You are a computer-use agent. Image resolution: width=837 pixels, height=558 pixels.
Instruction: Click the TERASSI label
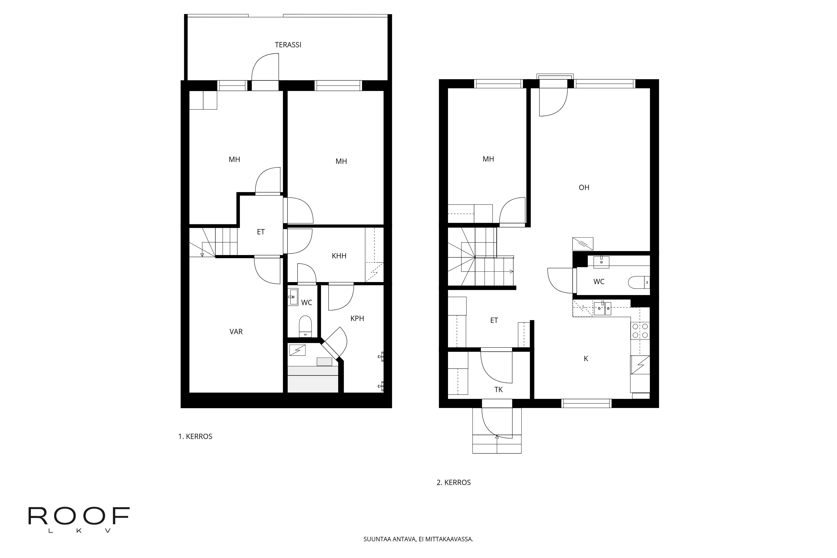[288, 45]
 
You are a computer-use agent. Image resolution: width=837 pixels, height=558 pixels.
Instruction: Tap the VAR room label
[236, 332]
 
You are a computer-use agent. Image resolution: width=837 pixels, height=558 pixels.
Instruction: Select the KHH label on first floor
[339, 256]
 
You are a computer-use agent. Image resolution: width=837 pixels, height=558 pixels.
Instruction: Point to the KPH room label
[357, 318]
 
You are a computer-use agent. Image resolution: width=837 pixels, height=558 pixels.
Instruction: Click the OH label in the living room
[584, 187]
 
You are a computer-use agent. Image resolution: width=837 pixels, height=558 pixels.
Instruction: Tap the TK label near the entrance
[498, 390]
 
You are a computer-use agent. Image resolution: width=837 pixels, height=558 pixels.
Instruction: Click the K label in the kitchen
[586, 359]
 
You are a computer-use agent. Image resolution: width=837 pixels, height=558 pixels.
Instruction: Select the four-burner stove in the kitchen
[640, 331]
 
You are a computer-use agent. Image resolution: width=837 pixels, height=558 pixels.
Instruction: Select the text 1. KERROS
[195, 437]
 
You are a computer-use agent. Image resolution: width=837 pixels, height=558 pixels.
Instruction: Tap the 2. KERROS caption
[453, 482]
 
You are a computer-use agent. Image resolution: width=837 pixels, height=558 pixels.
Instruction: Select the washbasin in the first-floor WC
[293, 297]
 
